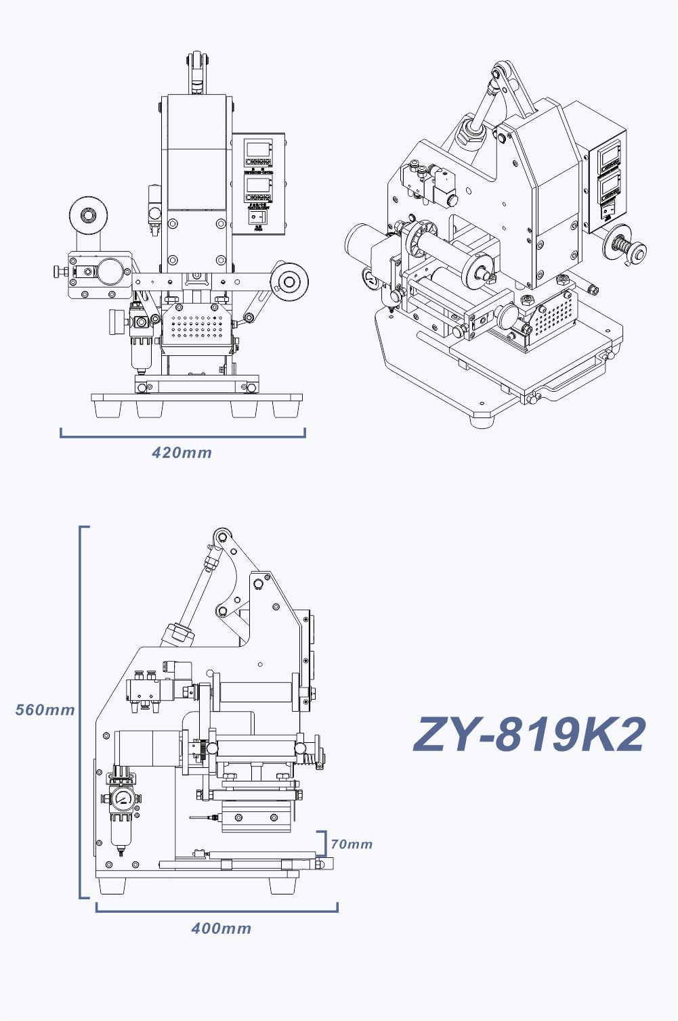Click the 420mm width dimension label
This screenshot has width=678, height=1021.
click(182, 453)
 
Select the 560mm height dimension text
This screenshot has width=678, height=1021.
click(45, 710)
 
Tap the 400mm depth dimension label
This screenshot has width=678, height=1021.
click(221, 928)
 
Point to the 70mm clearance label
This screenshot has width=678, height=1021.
click(352, 844)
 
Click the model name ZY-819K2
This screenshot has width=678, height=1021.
click(529, 735)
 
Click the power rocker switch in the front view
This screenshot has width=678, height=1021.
click(258, 217)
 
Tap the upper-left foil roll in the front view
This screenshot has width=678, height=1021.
click(88, 216)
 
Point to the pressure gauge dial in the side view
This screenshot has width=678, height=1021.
click(122, 798)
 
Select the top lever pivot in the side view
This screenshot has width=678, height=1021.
click(221, 537)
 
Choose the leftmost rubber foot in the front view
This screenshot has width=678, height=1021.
click(108, 409)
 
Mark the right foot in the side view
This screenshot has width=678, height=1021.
click(282, 885)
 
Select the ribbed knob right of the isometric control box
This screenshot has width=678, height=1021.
click(627, 250)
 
